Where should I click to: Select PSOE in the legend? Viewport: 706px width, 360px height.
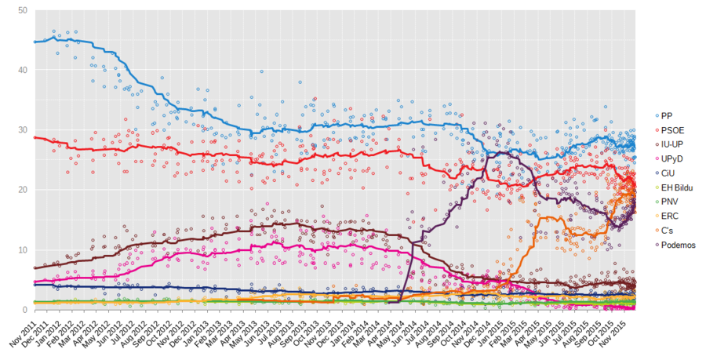point(671,129)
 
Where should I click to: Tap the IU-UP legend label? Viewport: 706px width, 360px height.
point(673,144)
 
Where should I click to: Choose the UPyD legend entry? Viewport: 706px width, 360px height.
point(672,158)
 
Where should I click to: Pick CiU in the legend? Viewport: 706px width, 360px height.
point(668,173)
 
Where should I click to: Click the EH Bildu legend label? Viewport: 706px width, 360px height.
point(677,187)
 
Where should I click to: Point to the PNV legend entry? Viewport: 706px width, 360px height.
point(668,202)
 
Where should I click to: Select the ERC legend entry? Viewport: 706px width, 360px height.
point(669,216)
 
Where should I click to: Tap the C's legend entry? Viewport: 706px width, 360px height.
point(668,231)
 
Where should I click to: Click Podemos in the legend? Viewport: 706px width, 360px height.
point(678,245)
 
